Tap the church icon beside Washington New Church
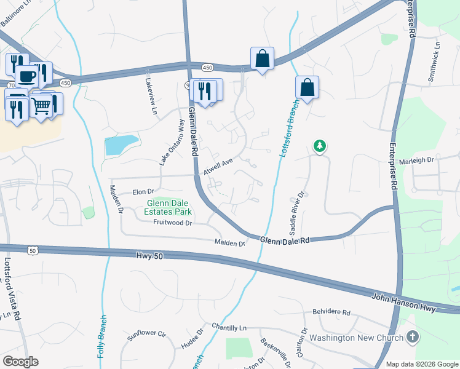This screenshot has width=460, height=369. (413, 337)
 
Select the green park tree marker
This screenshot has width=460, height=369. (319, 146)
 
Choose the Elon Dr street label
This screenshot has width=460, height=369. (143, 192)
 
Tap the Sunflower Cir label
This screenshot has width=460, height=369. (147, 335)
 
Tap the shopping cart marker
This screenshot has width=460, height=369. (41, 105)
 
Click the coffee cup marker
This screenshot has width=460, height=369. (26, 76)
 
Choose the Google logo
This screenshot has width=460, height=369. (21, 362)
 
